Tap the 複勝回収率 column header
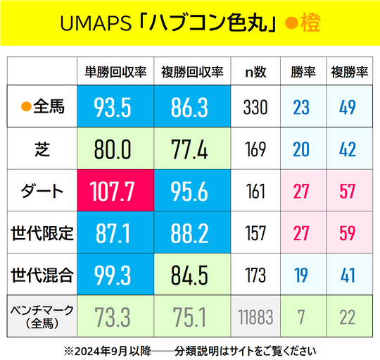pos(192,71)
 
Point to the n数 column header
pos(255,71)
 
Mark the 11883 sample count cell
pos(255,316)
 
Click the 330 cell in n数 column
pos(255,107)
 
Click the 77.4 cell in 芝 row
pos(192,149)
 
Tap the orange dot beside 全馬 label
pos(25,107)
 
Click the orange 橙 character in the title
pos(309,24)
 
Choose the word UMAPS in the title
pos(94,24)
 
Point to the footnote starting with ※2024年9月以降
pos(190,349)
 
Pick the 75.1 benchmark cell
pos(192,316)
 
